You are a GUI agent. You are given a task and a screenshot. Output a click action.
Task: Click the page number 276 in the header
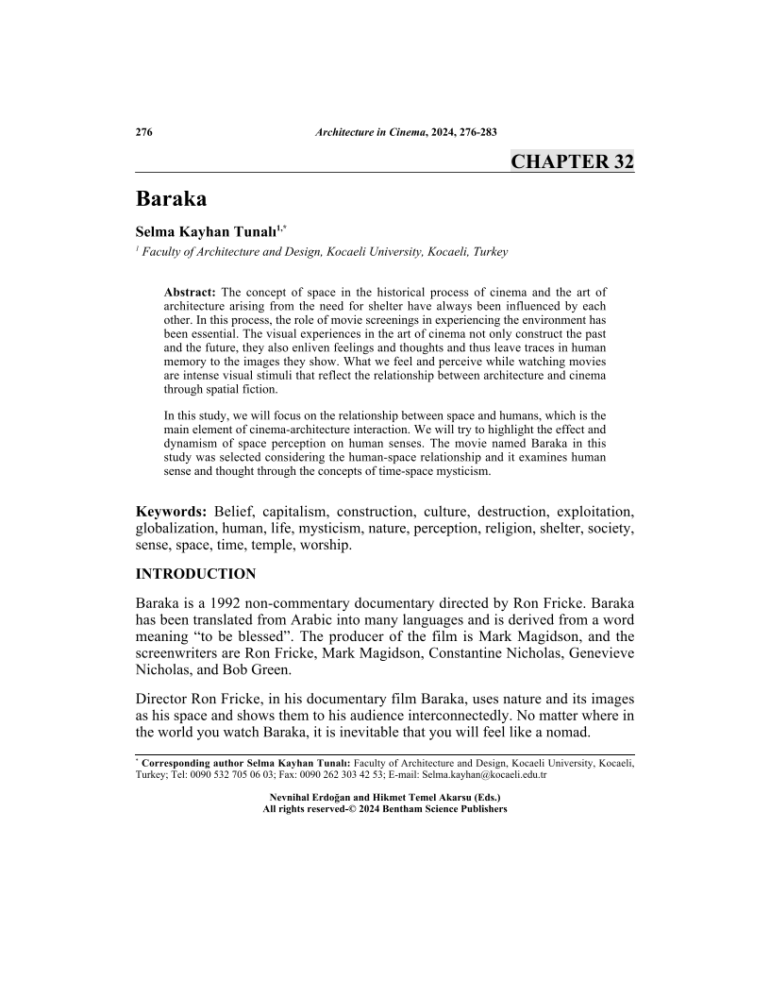[x=144, y=131]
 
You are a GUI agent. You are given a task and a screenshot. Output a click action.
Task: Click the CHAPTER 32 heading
[x=572, y=161]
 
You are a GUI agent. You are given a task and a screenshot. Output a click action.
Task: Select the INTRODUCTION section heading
[x=195, y=574]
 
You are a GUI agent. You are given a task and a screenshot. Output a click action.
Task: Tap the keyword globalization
[x=179, y=529]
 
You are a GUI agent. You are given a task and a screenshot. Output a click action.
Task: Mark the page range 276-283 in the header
[x=476, y=131]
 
